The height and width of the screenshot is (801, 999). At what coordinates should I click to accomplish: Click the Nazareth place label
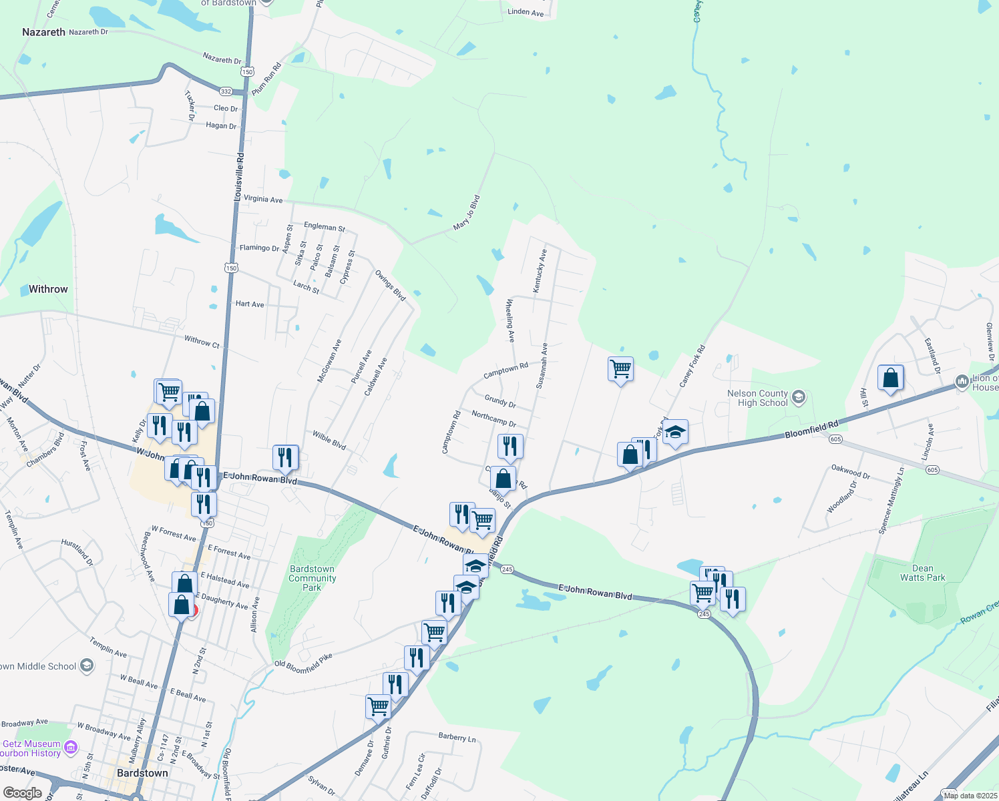tap(43, 32)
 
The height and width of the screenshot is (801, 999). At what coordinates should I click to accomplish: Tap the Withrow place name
tap(48, 289)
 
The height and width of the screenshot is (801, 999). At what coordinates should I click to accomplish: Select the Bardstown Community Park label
tap(312, 578)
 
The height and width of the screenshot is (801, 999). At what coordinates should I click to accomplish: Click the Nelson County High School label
tap(757, 398)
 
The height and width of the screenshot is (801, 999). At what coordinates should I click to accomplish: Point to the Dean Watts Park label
tap(922, 573)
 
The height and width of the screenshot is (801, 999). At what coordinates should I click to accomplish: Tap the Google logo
tap(22, 793)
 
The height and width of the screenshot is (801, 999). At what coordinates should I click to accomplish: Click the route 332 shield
tap(226, 91)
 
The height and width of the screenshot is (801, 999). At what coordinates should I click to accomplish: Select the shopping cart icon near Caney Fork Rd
tap(620, 368)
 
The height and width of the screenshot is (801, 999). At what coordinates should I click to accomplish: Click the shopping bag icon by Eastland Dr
tap(890, 378)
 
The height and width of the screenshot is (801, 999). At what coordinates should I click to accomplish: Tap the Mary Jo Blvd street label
tap(467, 213)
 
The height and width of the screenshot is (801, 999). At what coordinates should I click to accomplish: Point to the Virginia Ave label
tap(262, 199)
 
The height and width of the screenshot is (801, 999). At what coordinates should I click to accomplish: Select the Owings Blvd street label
tap(390, 286)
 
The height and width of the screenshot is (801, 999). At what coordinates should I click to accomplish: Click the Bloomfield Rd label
tap(811, 430)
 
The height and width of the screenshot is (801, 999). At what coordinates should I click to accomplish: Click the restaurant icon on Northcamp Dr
tap(510, 445)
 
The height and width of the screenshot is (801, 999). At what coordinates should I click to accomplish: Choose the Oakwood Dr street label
tap(851, 471)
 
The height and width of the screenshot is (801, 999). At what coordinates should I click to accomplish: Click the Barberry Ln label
tap(457, 738)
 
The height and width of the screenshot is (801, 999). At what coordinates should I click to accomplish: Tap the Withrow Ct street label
tap(202, 342)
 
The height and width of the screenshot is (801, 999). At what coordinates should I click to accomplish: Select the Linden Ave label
tap(526, 12)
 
